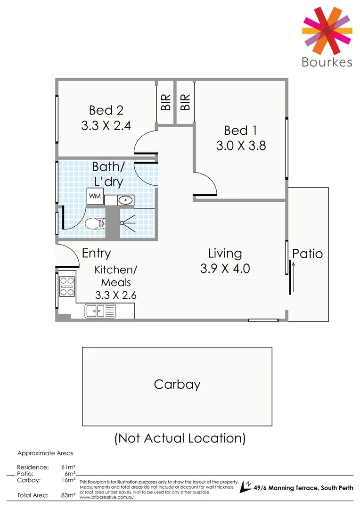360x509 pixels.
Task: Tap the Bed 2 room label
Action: click(106, 110)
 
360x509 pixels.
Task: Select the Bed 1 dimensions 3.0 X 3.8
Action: click(241, 146)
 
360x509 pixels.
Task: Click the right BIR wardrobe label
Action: click(185, 102)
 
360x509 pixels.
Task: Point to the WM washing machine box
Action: click(95, 196)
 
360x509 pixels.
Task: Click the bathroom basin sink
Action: click(125, 200)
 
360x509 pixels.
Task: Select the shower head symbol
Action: click(127, 222)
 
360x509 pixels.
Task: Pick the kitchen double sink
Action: click(100, 311)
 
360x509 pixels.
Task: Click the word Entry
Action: click(96, 253)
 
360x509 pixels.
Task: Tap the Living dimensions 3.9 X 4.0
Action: click(225, 269)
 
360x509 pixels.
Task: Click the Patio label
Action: click(307, 254)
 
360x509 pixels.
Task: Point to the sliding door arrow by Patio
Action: click(293, 278)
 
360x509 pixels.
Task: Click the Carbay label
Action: click(177, 384)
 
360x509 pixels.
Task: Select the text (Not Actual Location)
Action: click(180, 438)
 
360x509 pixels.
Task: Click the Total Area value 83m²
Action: click(68, 495)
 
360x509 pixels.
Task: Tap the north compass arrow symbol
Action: click(245, 487)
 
